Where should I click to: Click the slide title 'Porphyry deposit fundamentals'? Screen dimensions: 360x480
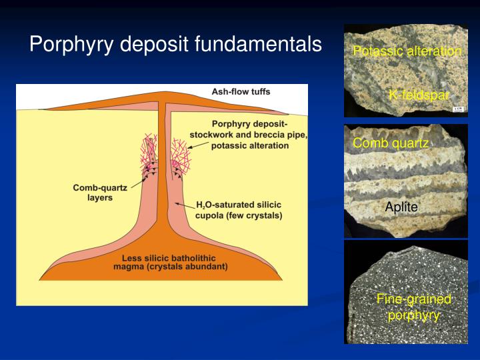pos(175,45)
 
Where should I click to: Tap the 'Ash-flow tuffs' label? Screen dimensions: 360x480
pos(241,92)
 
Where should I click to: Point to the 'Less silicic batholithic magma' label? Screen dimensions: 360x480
pos(171,262)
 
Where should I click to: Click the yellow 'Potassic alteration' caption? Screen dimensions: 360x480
pos(407,51)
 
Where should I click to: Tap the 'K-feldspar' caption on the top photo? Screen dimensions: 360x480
pos(419,95)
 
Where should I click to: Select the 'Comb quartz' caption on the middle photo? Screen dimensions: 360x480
pos(391,143)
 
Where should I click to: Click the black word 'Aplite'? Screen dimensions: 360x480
pos(401,207)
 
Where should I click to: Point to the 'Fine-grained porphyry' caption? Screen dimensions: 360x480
pos(414,307)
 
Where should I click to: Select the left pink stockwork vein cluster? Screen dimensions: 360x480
pos(150,153)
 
